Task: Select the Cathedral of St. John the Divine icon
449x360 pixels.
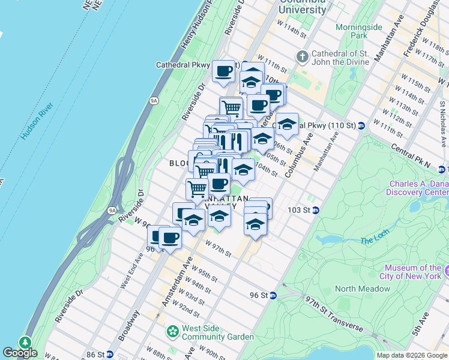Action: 302,57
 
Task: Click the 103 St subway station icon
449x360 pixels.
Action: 315,210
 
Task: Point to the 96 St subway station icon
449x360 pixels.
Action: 273,295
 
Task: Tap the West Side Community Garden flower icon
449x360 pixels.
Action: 173,331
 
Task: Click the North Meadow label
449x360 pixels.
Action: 363,289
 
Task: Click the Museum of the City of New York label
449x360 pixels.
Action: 413,272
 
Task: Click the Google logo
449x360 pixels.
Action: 20,353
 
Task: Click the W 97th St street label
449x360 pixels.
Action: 218,248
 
